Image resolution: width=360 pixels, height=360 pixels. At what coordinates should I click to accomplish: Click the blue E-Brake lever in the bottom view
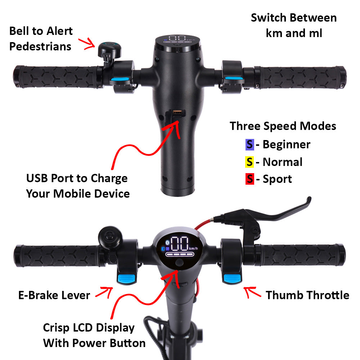[125, 278]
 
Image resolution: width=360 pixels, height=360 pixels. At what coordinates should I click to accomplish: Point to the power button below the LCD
[179, 264]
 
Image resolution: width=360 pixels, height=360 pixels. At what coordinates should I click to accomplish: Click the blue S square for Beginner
[249, 145]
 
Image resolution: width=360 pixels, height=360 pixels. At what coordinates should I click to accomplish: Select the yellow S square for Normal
[249, 162]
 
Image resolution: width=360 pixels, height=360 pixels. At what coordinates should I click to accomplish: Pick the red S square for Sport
[249, 179]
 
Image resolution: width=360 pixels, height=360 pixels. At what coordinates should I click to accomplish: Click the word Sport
[277, 179]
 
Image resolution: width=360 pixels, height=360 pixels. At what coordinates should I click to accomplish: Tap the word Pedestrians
[40, 46]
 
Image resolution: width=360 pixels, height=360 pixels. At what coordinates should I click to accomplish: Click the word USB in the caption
[38, 178]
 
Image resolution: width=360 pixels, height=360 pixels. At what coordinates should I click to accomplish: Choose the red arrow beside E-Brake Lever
[104, 292]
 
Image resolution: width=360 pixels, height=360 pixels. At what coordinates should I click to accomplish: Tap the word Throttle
[326, 295]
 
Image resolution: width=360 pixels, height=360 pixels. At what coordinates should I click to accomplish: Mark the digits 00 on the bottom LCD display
[179, 244]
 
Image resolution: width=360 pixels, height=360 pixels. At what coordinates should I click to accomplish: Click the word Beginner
[286, 145]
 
